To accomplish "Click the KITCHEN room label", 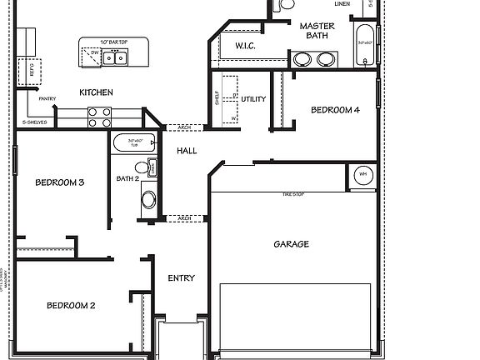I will click(96, 92).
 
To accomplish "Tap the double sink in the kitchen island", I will click(121, 57).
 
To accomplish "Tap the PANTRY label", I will click(46, 98).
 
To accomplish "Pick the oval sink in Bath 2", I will click(148, 200).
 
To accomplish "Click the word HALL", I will click(187, 151).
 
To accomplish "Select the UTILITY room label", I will click(253, 99).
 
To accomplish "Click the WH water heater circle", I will click(362, 175).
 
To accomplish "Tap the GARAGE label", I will click(291, 244).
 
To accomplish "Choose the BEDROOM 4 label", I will click(336, 110).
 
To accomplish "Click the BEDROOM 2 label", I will click(70, 305).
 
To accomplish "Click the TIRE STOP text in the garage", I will click(292, 193).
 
